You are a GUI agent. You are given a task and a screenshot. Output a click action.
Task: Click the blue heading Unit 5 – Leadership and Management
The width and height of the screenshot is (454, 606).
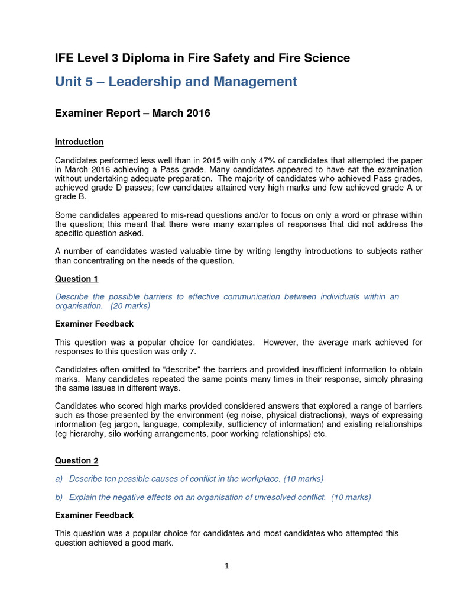(x=176, y=82)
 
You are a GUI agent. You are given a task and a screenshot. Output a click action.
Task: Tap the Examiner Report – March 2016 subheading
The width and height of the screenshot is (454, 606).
(x=132, y=113)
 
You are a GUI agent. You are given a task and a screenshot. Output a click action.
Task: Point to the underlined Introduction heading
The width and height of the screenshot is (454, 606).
(x=79, y=142)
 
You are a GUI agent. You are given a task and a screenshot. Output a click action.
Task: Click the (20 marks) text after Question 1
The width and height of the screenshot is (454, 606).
(x=130, y=306)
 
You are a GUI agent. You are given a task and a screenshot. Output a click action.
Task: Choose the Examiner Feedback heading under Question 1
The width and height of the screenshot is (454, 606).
(x=94, y=324)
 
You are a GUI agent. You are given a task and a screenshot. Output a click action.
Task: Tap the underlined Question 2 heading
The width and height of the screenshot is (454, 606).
(x=76, y=460)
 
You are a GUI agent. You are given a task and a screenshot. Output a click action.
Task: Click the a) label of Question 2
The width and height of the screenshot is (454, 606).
(x=59, y=479)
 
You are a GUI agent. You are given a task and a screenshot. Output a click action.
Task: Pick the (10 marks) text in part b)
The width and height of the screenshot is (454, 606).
(x=351, y=497)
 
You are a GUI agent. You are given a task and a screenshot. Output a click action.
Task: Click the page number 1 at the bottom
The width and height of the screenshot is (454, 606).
(x=227, y=566)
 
